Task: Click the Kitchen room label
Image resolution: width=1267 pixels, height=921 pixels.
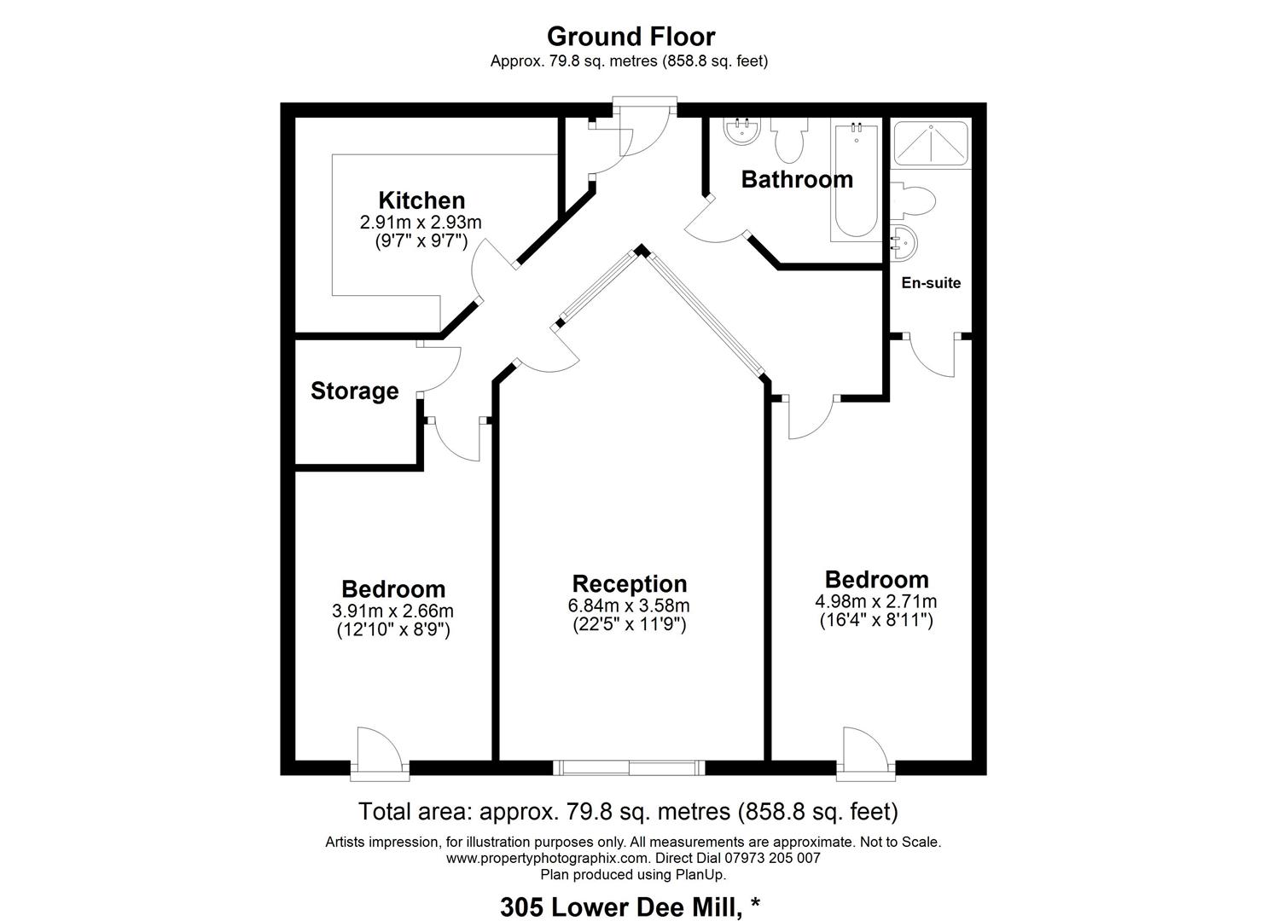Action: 421,200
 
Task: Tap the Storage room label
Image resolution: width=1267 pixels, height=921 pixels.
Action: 355,391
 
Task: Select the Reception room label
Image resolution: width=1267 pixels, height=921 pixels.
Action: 630,583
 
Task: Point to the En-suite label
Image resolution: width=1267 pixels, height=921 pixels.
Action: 931,282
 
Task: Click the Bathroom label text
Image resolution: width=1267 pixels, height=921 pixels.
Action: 797,179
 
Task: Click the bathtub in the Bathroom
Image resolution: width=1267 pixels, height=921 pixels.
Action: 857,180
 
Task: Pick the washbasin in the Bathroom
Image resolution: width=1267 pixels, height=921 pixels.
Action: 742,131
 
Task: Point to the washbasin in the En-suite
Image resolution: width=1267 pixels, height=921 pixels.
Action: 904,243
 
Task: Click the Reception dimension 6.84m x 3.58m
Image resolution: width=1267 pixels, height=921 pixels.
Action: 629,605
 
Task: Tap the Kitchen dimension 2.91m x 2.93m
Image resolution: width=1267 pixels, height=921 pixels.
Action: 421,223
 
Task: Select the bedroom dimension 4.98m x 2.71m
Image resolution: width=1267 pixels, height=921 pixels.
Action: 876,601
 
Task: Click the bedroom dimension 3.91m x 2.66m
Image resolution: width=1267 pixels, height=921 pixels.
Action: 392,611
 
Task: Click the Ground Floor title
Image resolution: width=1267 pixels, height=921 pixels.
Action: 631,37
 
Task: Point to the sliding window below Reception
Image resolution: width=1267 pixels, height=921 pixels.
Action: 629,767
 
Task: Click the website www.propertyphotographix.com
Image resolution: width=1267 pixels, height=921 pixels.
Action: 548,858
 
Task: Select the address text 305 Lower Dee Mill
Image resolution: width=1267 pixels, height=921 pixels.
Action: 620,907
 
